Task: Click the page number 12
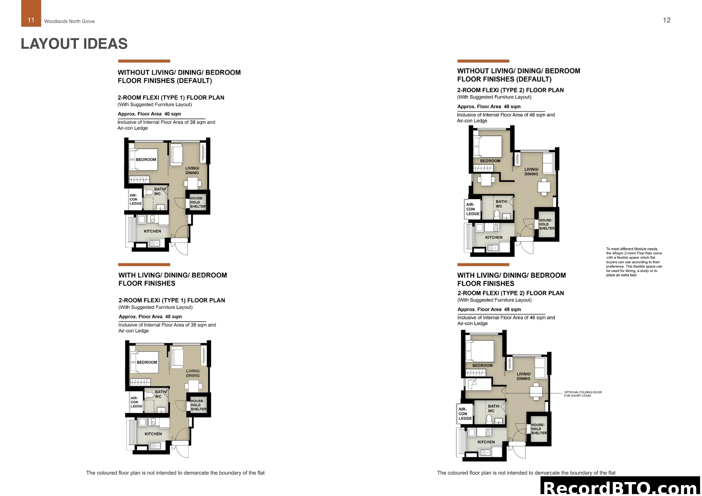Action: (667, 20)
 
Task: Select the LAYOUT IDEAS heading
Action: (74, 44)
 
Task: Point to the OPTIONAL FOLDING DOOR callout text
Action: (583, 394)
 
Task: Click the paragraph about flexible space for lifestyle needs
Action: (634, 262)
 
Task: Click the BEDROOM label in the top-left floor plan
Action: (146, 159)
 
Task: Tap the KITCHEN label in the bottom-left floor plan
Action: (153, 434)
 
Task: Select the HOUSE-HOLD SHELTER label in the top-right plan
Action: (547, 224)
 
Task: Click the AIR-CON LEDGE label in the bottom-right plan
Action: (465, 414)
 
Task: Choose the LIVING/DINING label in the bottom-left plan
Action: (193, 373)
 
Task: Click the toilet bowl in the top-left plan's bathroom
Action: (149, 192)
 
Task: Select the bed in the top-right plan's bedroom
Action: (487, 146)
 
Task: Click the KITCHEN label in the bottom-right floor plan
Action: (486, 442)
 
